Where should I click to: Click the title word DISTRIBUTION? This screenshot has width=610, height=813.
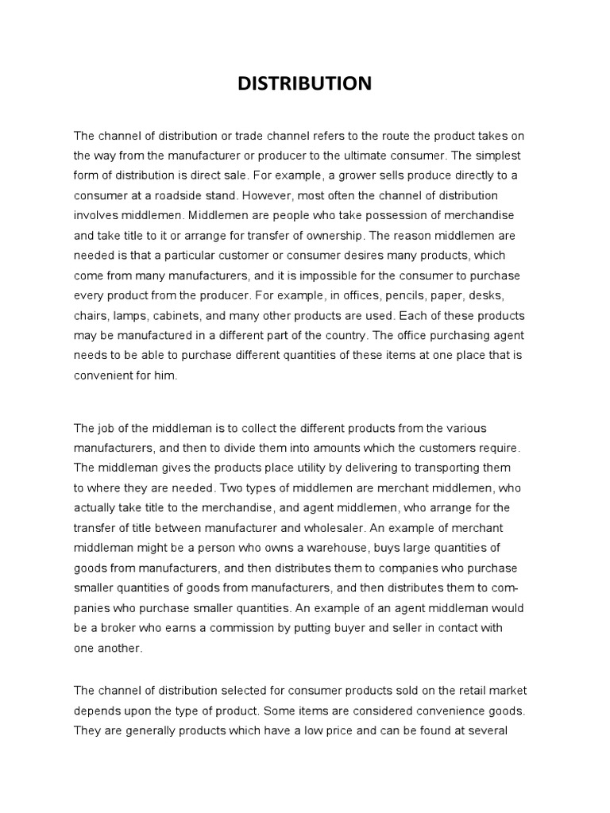click(305, 84)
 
